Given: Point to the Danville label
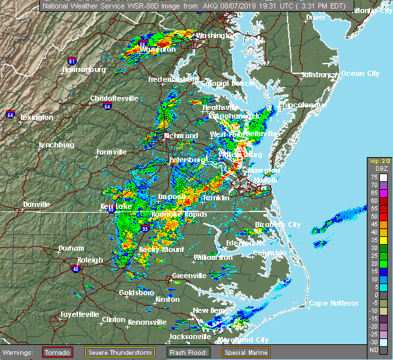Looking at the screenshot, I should point(36,204).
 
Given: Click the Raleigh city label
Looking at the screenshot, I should point(90,260).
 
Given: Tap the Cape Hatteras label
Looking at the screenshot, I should point(334,303).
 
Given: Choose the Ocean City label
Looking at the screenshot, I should point(360,73).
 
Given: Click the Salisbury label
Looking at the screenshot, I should point(316,75).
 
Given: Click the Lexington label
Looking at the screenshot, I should point(37,117).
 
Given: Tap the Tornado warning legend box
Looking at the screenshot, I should point(58,352).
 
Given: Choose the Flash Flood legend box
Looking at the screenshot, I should point(187,352).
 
